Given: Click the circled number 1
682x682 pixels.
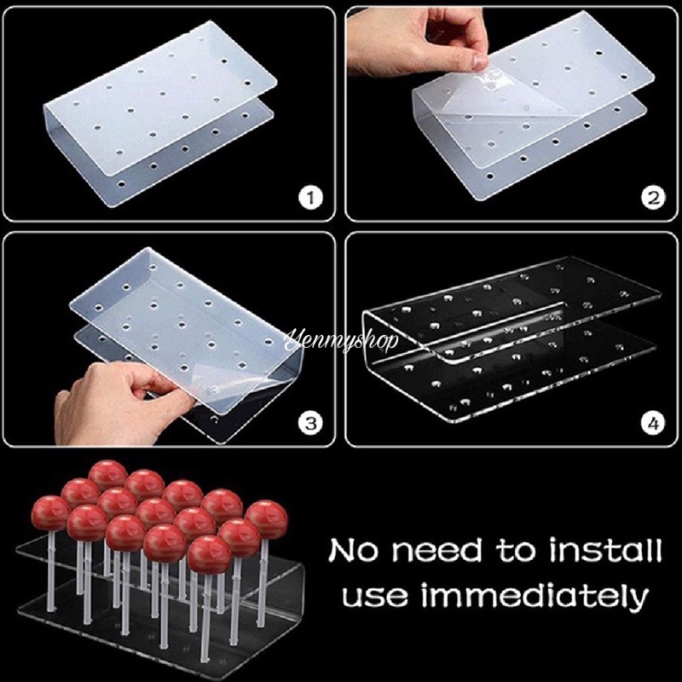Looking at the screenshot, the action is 310,199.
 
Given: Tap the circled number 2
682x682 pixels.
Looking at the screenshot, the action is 653,199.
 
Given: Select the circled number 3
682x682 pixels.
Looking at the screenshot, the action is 310,423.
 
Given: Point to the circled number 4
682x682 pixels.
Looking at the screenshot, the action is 653,423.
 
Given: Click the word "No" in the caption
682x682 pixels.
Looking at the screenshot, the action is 354,550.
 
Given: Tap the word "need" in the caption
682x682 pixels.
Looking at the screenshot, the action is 436,550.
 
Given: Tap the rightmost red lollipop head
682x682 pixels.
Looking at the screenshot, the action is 266,518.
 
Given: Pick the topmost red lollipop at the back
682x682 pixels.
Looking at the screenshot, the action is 107,476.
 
